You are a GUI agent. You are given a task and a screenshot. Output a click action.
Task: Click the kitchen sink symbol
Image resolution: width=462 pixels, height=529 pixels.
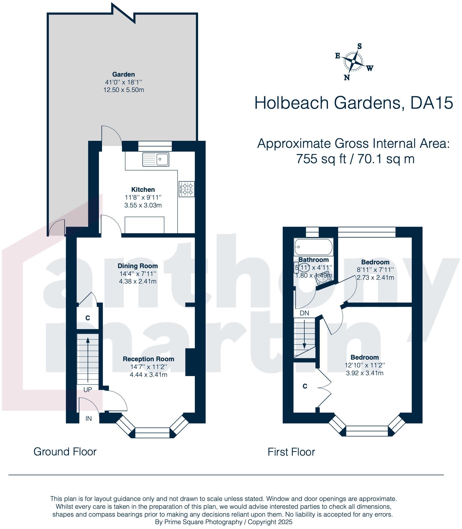156,159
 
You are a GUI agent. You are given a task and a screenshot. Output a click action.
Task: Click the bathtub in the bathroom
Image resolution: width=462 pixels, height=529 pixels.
313,247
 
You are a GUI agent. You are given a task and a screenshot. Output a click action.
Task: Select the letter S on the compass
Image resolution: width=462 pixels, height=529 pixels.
359,46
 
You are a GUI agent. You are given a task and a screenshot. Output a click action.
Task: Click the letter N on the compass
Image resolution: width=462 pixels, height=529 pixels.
347,78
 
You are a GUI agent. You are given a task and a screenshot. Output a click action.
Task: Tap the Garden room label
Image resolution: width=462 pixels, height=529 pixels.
123,74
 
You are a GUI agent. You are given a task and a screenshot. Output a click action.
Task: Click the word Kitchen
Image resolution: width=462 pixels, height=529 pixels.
143,189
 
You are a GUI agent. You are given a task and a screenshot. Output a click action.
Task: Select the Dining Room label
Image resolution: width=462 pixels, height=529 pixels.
137,266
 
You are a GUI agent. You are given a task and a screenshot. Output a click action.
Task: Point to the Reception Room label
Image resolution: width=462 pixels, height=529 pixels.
148,359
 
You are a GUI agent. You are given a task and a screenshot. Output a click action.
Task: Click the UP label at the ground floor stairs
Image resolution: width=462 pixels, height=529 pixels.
87,390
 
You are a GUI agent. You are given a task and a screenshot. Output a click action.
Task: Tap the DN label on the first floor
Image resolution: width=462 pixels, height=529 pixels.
304,313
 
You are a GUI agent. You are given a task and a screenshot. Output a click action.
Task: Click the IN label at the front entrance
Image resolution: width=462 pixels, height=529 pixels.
89,418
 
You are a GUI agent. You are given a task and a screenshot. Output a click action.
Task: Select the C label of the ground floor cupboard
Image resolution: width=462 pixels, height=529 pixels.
87,318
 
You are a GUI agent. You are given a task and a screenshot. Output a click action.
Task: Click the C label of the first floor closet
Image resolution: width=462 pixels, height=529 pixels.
305,386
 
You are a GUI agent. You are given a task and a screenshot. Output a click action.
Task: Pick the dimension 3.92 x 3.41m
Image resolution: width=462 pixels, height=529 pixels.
365,373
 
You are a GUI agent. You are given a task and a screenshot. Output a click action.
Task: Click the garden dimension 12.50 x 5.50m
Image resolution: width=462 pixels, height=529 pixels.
124,90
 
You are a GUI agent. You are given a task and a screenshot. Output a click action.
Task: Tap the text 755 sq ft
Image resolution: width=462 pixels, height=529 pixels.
321,159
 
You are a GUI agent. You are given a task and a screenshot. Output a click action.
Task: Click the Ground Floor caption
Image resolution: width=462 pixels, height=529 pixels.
65,452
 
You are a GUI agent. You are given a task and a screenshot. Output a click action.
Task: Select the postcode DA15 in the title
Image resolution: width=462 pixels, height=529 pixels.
431,103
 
